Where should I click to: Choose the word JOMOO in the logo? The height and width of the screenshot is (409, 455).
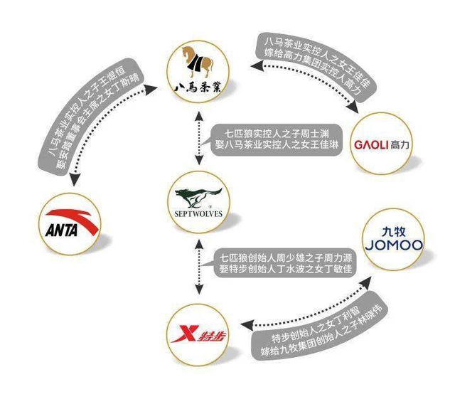[393, 245]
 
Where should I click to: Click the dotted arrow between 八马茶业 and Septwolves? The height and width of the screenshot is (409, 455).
[196, 140]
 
